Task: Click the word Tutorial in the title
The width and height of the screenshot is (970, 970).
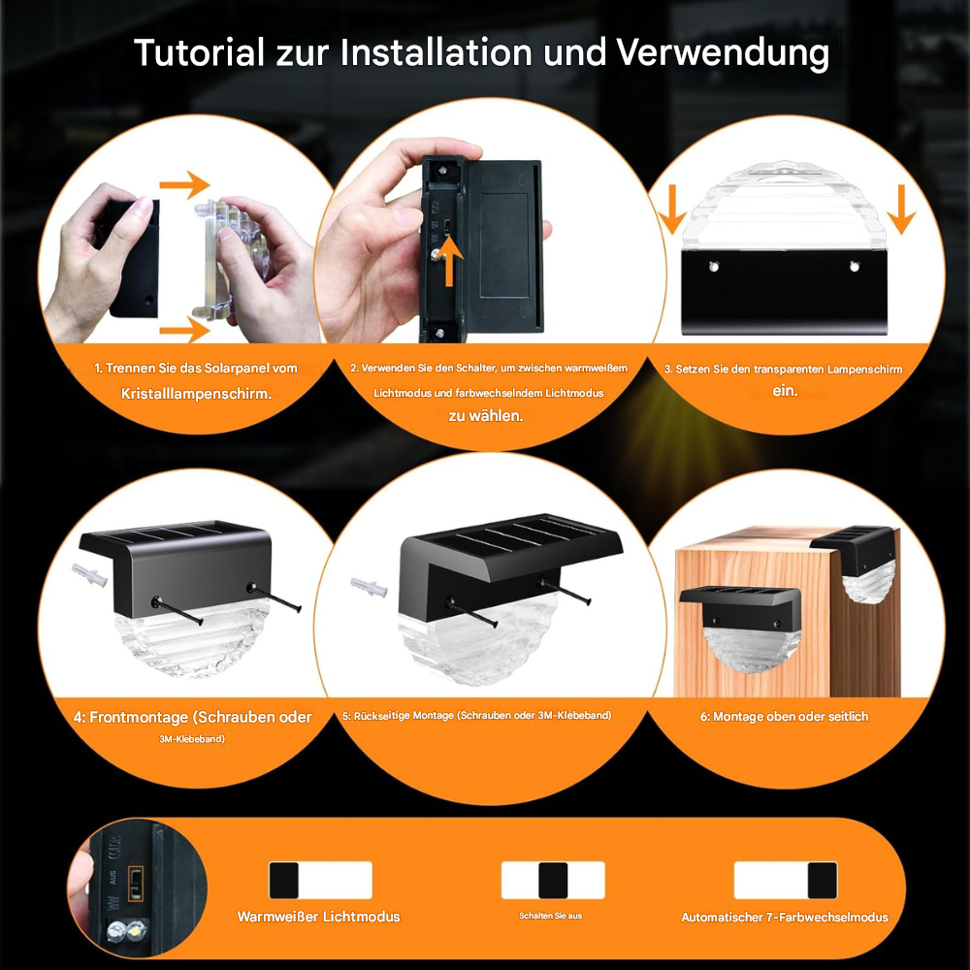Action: coord(199,52)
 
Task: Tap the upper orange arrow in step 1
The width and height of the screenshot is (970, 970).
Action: coord(184,184)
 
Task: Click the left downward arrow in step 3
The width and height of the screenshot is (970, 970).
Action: coord(671,209)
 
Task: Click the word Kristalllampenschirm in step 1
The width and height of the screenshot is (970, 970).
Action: coord(196,394)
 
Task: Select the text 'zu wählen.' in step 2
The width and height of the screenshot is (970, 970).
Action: coord(486,415)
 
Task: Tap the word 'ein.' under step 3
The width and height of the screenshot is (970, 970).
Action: coord(785,391)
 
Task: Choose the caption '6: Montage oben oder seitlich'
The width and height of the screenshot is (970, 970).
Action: coord(785,717)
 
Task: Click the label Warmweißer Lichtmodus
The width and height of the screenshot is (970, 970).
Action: coord(318,917)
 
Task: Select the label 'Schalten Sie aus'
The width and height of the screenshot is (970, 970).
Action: coord(551,916)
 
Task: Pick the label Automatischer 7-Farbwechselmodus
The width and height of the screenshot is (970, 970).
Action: coord(784,917)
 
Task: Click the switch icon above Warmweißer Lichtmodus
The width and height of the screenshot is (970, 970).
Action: coord(320,880)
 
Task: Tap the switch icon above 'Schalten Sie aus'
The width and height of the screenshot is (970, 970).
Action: coord(552,880)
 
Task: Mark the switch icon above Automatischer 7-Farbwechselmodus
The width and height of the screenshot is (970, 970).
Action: coord(785,880)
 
